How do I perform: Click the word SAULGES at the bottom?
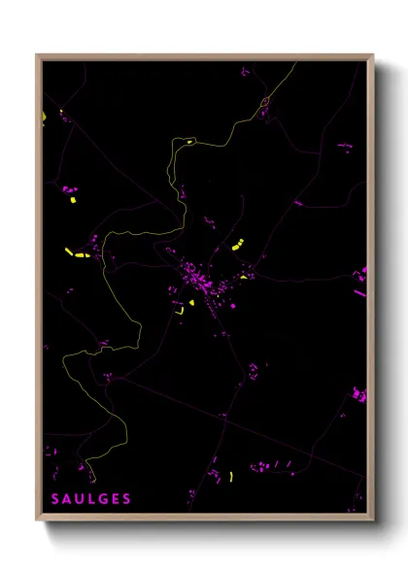(x=91, y=499)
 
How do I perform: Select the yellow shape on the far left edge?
(x=45, y=118)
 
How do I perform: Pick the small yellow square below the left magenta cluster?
(x=72, y=200)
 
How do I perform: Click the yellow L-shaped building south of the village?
(x=179, y=312)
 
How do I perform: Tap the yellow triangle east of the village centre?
(x=243, y=276)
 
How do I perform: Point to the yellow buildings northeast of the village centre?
(x=236, y=245)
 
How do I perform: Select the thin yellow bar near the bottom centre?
(x=231, y=476)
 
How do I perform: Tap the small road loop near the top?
(x=263, y=101)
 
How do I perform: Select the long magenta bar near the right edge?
(x=359, y=291)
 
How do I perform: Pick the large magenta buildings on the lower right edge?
(x=358, y=394)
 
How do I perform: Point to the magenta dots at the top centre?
(x=245, y=71)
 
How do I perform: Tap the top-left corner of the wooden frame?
(x=38, y=56)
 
